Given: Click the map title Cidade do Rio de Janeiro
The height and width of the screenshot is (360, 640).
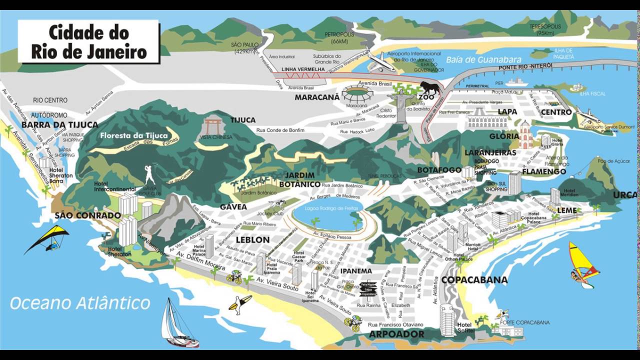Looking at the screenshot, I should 89,42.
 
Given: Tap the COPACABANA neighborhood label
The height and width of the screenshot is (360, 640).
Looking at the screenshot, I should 474,280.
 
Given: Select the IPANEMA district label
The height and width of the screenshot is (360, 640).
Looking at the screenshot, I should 356,271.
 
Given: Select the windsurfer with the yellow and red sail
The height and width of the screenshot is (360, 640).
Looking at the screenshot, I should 583,264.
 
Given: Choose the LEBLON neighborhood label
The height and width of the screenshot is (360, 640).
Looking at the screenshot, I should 252,239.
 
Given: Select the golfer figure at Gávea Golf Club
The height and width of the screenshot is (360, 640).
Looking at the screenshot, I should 149,175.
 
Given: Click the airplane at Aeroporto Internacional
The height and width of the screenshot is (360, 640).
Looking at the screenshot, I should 381,62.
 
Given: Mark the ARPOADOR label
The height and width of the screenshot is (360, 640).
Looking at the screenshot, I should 396,334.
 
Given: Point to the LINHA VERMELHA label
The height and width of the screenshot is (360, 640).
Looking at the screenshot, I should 303,69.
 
